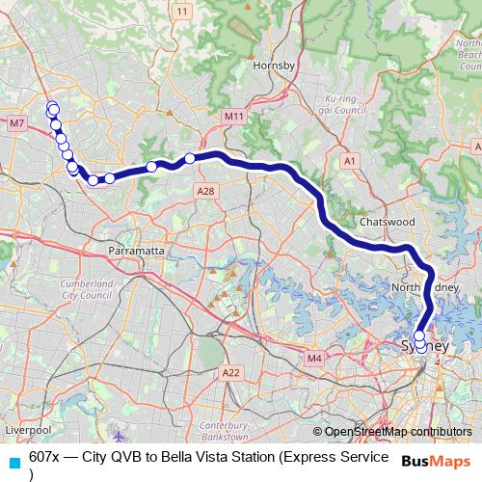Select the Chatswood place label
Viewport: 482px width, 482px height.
pyautogui.click(x=387, y=221)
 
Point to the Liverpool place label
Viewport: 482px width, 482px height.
pyautogui.click(x=26, y=428)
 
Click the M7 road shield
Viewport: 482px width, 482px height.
pyautogui.click(x=16, y=123)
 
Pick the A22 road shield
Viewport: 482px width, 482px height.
pyautogui.click(x=230, y=372)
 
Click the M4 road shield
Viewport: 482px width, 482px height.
pyautogui.click(x=314, y=359)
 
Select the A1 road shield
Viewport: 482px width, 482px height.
pyautogui.click(x=350, y=160)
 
